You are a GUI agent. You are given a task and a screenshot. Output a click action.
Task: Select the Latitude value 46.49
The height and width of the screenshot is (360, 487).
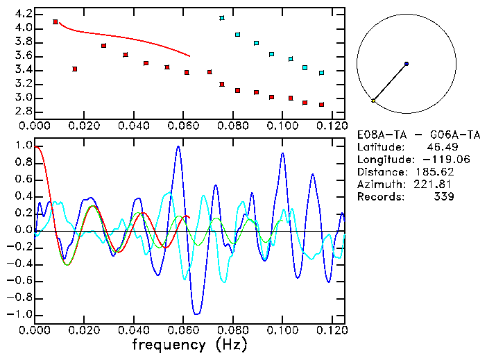click(x=440, y=147)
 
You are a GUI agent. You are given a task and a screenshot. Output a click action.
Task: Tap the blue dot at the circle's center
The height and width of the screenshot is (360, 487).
click(x=407, y=64)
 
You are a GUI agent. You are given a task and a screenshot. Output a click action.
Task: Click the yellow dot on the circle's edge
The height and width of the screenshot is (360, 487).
click(x=373, y=101)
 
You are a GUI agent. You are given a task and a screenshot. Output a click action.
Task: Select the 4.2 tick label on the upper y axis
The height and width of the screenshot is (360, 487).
click(x=24, y=14)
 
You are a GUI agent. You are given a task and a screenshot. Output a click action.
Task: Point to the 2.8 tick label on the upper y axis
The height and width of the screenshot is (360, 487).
click(x=24, y=112)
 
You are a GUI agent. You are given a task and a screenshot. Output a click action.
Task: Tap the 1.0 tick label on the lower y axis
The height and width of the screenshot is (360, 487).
click(x=24, y=146)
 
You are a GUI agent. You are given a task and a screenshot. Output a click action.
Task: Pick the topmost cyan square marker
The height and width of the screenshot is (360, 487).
click(x=222, y=18)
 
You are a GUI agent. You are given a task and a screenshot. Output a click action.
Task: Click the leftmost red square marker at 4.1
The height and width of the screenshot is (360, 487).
click(x=55, y=22)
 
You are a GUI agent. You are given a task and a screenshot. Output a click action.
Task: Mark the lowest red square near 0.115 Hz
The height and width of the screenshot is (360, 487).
click(x=322, y=105)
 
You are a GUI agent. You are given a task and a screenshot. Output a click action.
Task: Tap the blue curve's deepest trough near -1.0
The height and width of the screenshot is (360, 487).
click(x=198, y=313)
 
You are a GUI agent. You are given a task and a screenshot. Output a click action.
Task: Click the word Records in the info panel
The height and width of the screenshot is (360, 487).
click(x=379, y=197)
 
